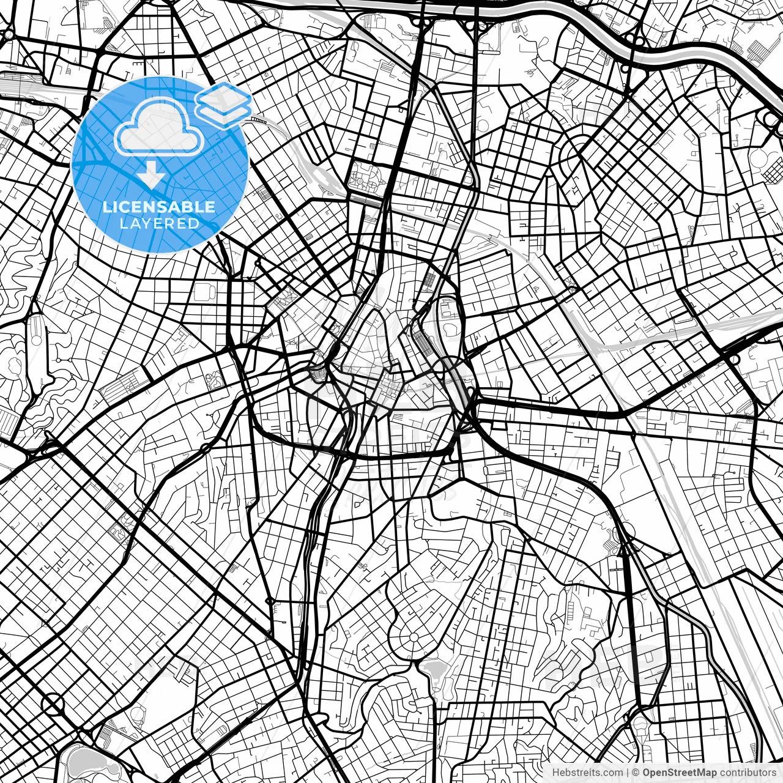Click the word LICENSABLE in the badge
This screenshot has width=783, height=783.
159,207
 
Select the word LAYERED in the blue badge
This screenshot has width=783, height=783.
159,223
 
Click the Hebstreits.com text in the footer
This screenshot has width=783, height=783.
588,773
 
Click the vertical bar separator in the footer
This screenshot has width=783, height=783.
628,773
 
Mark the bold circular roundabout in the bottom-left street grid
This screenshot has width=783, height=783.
54,704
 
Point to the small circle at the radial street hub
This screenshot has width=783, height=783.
414,638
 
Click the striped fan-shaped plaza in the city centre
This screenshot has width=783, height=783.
317,373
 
